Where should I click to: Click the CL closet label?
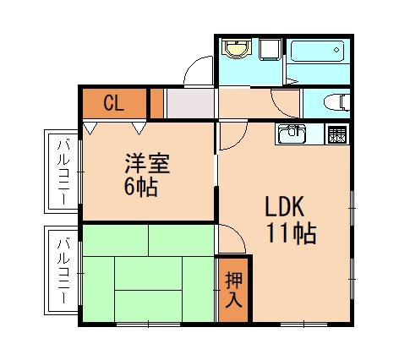114,103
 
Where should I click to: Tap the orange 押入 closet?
232,290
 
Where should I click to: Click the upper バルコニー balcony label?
63,172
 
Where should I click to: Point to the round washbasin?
236,49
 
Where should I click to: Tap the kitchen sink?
292,134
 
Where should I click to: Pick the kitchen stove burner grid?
336,134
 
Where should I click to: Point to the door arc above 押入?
232,239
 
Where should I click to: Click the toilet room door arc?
287,103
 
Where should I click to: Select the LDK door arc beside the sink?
232,137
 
